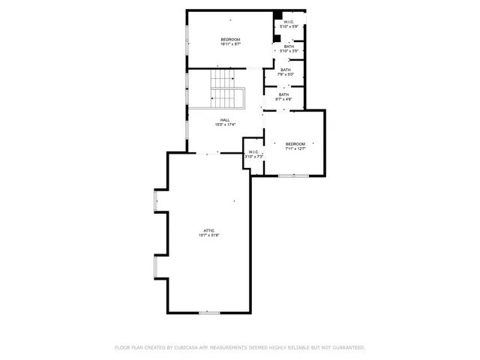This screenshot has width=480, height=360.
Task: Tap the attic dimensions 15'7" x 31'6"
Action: tap(208, 235)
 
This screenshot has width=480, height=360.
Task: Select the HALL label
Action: tap(225, 120)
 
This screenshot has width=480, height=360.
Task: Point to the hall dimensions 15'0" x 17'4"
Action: tap(225, 124)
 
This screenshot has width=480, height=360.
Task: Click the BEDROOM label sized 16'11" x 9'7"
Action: tap(230, 40)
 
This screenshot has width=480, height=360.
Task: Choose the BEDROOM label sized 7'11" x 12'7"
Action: tap(295, 144)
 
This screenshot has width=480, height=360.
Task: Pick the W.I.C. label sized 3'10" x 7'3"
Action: tap(253, 152)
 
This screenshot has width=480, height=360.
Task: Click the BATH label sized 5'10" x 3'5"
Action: tap(289, 46)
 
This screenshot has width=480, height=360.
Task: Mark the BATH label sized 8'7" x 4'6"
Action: tap(283, 94)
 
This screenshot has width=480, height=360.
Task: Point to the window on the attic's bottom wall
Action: tap(209, 312)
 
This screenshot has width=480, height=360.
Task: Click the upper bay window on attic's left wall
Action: tap(155, 200)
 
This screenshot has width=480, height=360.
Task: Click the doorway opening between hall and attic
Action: tap(208, 153)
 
